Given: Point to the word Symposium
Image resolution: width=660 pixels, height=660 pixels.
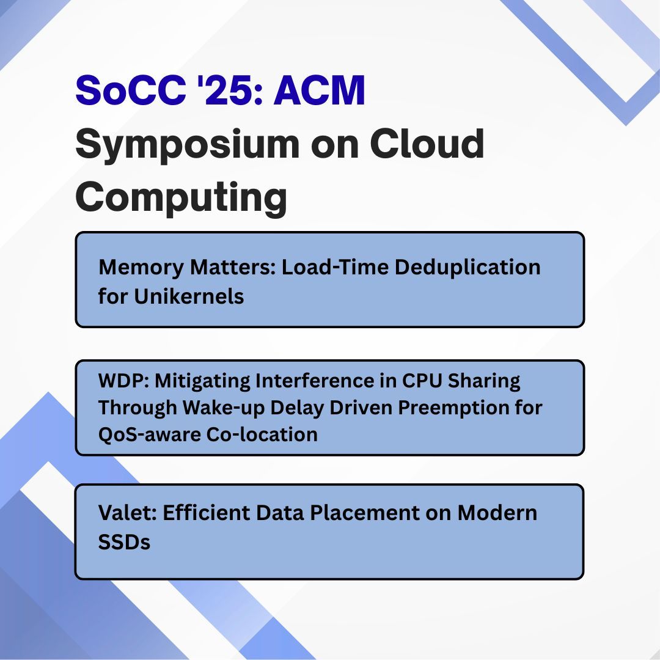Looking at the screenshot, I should [187, 145].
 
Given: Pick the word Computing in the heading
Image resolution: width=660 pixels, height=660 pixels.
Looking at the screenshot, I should [181, 197].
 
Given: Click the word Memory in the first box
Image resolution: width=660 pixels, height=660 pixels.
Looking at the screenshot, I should [139, 267].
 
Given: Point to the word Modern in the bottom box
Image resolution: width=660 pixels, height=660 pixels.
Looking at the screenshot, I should [497, 512].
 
